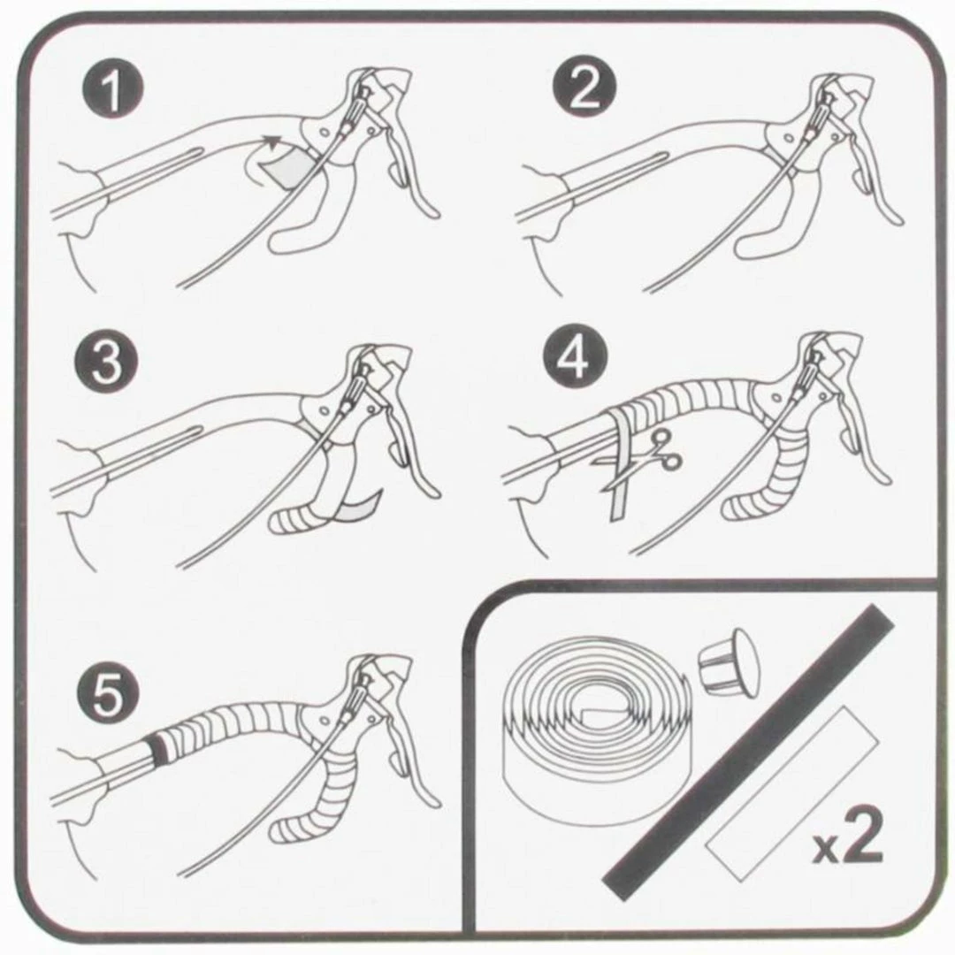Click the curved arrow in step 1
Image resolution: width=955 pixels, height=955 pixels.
pyautogui.click(x=261, y=156)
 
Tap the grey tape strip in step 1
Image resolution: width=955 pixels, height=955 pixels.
pyautogui.click(x=286, y=166)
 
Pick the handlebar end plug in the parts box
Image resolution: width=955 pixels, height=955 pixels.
pyautogui.click(x=729, y=661)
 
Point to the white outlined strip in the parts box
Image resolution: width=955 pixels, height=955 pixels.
pyautogui.click(x=791, y=793)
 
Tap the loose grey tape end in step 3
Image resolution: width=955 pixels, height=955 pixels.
pyautogui.click(x=358, y=506)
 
